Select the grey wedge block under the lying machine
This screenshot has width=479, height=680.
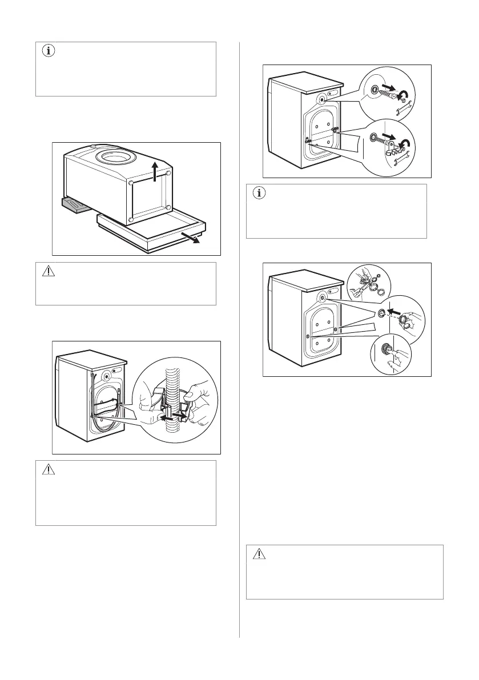point(74,204)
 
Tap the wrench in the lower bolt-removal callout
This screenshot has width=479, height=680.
point(403,159)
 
